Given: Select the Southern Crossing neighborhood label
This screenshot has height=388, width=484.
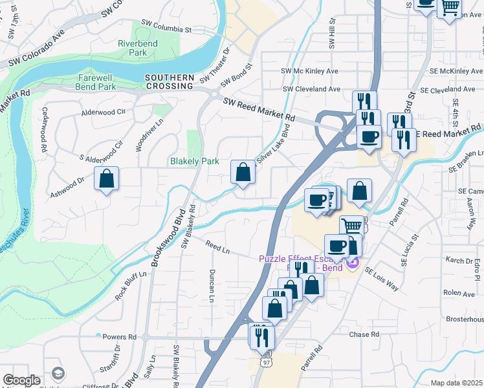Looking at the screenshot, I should coord(170,81).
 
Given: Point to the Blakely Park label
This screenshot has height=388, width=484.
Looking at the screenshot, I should coord(194,161).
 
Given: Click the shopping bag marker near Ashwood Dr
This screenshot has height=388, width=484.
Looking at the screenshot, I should coord(106,178).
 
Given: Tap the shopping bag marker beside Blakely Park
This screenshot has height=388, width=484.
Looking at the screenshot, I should coord(243,173).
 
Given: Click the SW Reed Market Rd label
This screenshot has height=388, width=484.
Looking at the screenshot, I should coord(258,110).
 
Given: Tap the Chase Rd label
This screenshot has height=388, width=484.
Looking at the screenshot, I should coord(364,334).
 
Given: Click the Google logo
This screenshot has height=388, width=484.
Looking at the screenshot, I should coord(21,380).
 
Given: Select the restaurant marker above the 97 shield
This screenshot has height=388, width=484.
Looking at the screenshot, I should coord(262,336).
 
